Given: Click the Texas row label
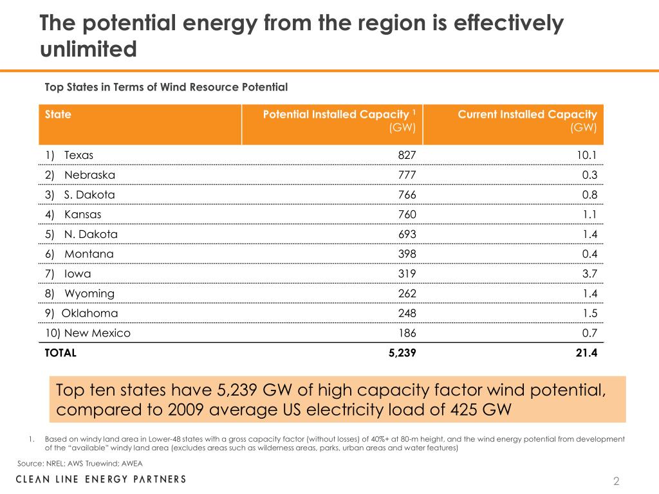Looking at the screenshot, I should pyautogui.click(x=69, y=155).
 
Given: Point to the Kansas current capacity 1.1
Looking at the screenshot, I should pyautogui.click(x=589, y=214).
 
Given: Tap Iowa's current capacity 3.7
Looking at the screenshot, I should pyautogui.click(x=589, y=274).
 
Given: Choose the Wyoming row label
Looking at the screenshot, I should pyautogui.click(x=79, y=293).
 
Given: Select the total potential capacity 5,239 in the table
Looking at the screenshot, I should pyautogui.click(x=402, y=352).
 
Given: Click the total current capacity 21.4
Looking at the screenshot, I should pyautogui.click(x=586, y=352).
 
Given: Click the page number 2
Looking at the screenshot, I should pyautogui.click(x=616, y=481).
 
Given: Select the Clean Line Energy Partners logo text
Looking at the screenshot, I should pyautogui.click(x=101, y=479).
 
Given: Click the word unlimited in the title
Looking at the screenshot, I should pyautogui.click(x=88, y=49).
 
